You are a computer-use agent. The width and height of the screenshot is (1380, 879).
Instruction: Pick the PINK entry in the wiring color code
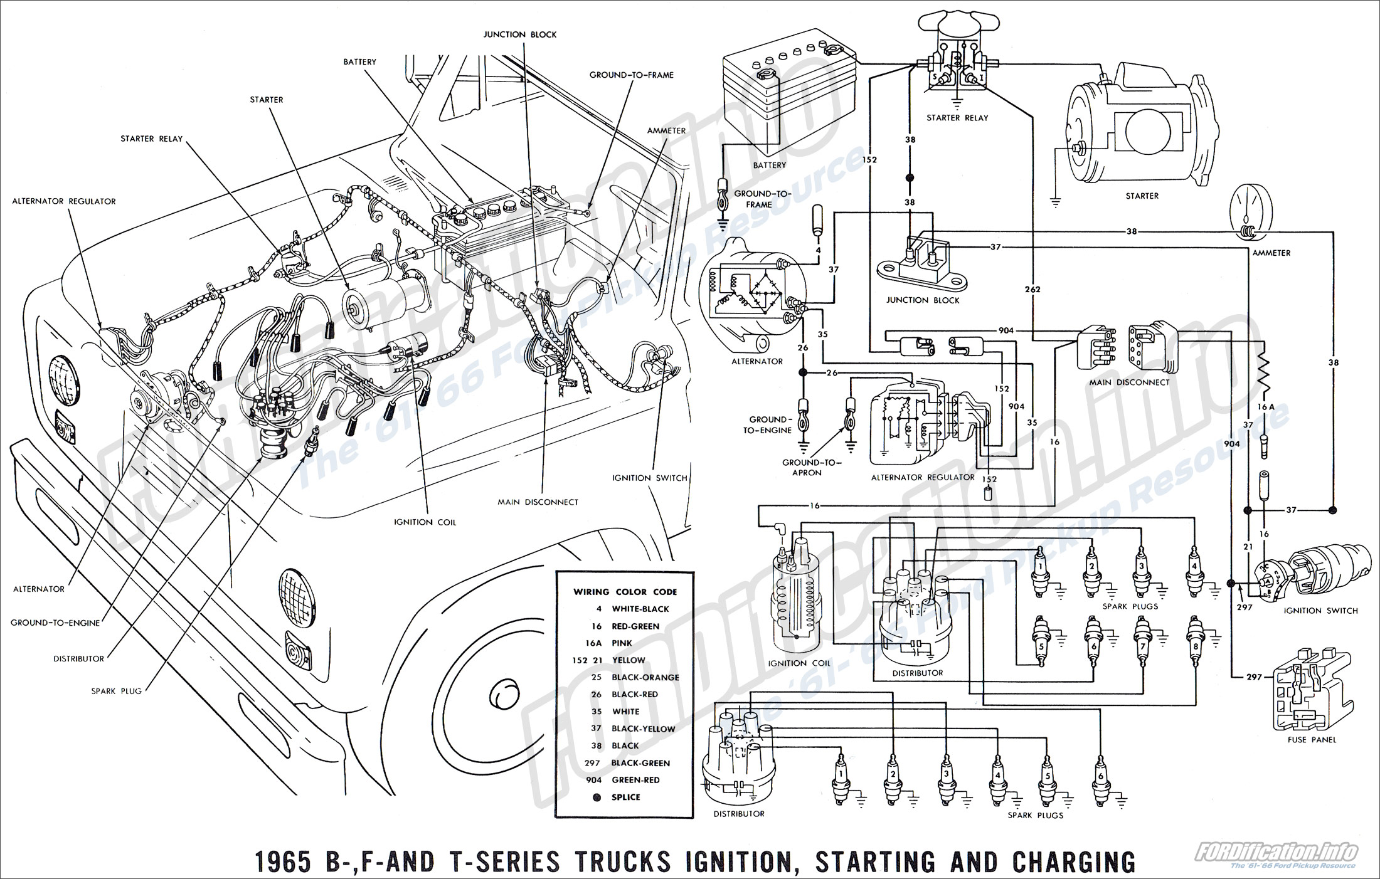click(x=622, y=643)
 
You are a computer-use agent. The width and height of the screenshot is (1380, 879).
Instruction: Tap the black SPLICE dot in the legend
click(x=597, y=797)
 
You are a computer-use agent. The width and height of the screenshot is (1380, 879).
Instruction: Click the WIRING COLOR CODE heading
click(x=625, y=592)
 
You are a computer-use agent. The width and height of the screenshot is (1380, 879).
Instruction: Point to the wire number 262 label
click(x=1032, y=290)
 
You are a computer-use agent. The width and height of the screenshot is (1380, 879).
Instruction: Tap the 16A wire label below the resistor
click(x=1266, y=407)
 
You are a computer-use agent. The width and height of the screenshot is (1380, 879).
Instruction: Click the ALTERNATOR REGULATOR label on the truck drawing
click(x=64, y=201)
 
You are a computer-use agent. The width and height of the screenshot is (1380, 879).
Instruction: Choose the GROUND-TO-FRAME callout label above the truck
click(x=631, y=75)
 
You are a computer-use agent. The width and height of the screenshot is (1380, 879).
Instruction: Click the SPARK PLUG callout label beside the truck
click(x=117, y=691)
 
